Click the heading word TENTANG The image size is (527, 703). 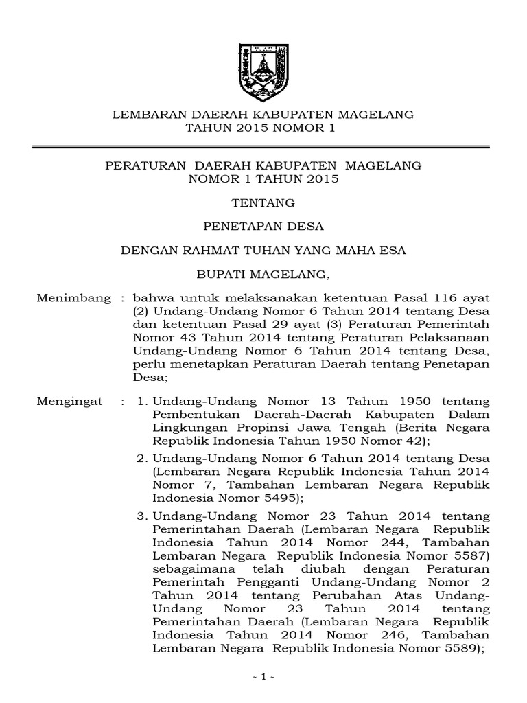tap(263, 203)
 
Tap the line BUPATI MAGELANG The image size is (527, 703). tap(263, 275)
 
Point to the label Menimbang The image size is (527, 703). tap(73, 299)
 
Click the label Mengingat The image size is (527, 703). tap(69, 400)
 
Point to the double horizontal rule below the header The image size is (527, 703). tap(263, 146)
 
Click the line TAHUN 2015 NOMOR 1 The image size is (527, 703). tap(263, 128)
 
